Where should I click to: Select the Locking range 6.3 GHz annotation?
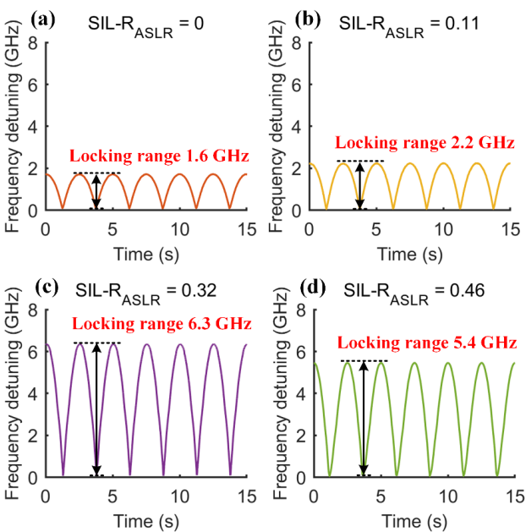tap(151, 323)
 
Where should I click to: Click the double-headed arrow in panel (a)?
tap(96, 191)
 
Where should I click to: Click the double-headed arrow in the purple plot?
tap(96, 409)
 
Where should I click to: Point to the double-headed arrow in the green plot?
tap(364, 418)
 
